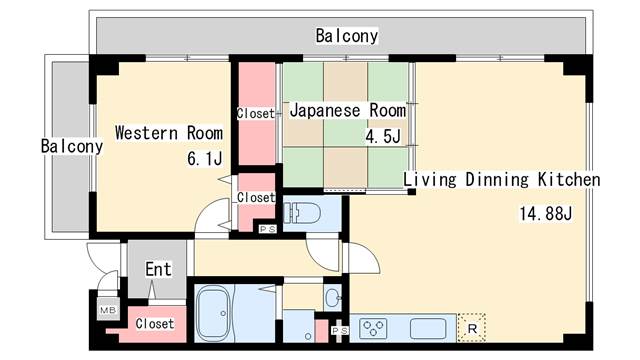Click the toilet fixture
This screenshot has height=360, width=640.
(302, 213)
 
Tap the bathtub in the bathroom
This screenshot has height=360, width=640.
(214, 313)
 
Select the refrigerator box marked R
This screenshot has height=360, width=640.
(472, 328)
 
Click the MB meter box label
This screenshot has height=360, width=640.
(108, 310)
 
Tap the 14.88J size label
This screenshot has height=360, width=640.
(546, 213)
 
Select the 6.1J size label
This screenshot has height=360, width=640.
(205, 158)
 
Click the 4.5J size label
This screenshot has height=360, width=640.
(383, 136)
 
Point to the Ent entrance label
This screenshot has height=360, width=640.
(158, 269)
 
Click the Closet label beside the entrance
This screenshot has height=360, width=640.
(155, 324)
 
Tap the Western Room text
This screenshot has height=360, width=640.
(169, 133)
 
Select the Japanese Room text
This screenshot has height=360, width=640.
(348, 111)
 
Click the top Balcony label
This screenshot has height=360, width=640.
(347, 36)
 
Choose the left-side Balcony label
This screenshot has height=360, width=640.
(72, 146)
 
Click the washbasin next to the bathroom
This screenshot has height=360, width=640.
(333, 298)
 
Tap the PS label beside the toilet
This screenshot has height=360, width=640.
(268, 229)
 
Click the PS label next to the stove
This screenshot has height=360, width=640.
(340, 330)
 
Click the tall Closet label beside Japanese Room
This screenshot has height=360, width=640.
(256, 113)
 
